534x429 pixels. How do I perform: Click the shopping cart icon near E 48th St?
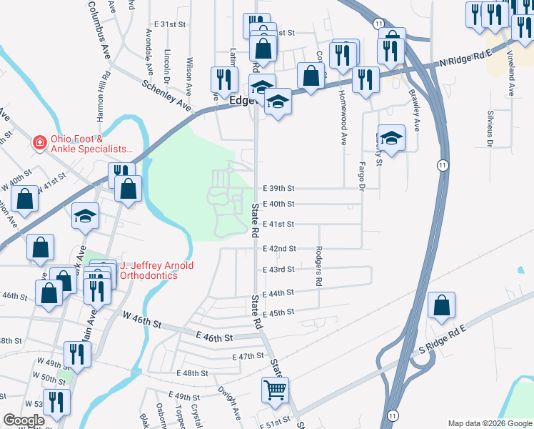click(x=275, y=390)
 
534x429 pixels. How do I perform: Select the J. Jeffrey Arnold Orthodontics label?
click(x=156, y=270)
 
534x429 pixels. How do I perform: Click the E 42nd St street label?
click(x=278, y=249)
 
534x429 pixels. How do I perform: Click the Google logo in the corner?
click(x=24, y=420)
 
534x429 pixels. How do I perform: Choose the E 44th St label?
click(x=278, y=293)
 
